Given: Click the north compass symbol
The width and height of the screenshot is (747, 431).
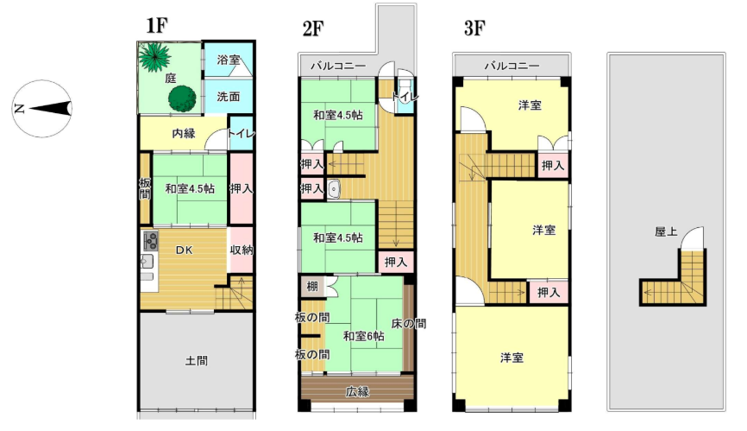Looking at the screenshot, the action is (42, 109).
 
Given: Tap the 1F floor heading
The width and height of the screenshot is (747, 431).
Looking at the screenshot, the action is (157, 25).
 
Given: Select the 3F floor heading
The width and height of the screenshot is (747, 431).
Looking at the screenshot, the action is (474, 29).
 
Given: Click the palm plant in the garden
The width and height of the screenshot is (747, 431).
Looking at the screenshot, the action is (155, 57).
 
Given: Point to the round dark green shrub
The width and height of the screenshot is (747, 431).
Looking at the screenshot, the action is (182, 98).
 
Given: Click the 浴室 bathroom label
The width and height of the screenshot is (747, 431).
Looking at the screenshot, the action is (229, 60).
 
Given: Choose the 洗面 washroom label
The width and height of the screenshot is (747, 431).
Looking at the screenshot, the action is (229, 97).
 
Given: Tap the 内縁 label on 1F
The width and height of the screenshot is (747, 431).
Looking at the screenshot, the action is (184, 134).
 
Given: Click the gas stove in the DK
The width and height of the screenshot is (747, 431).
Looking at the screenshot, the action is (151, 241).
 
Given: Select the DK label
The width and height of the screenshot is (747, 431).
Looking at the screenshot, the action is (184, 250).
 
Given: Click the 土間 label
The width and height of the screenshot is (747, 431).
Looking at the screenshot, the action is (197, 360).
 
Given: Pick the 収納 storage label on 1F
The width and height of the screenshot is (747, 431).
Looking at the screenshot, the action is (241, 250).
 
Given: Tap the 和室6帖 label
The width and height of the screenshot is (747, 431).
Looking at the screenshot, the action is (363, 336).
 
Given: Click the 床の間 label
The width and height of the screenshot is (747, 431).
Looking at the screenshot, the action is (408, 324).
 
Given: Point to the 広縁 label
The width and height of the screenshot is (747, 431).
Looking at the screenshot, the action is (357, 392).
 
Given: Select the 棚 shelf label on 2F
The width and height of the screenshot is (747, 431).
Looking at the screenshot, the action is (312, 286).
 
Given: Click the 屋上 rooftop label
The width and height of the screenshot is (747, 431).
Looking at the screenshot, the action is (666, 231).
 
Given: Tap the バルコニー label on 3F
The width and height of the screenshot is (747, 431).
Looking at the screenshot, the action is (512, 66).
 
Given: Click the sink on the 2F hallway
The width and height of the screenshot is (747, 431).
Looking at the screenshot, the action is (334, 189).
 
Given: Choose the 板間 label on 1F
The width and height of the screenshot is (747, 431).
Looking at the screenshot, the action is (145, 188).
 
